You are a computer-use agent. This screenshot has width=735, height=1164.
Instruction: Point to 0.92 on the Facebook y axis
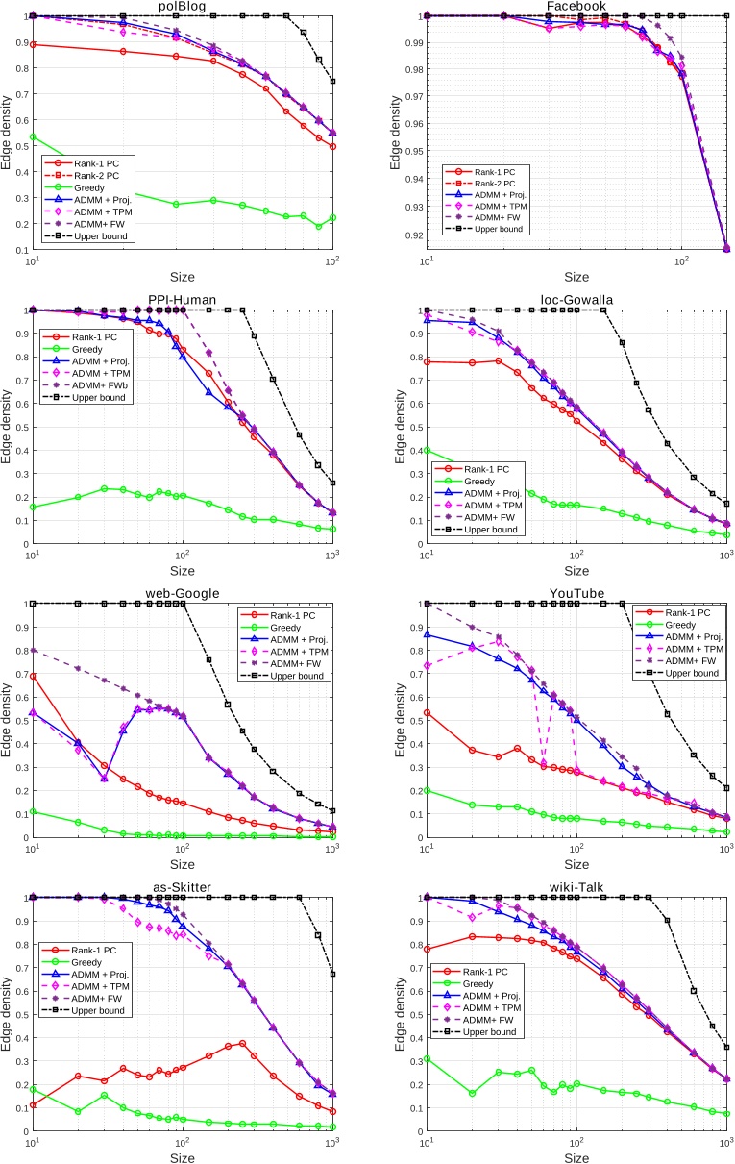pyautogui.click(x=409, y=235)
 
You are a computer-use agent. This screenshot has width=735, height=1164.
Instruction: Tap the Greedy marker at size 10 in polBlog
pyautogui.click(x=34, y=136)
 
